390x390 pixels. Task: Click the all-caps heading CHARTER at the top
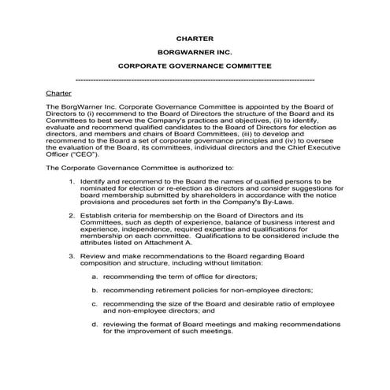point(195,38)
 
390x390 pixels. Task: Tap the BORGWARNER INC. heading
point(195,53)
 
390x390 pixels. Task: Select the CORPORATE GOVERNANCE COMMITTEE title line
point(195,67)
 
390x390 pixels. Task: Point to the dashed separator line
point(195,80)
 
